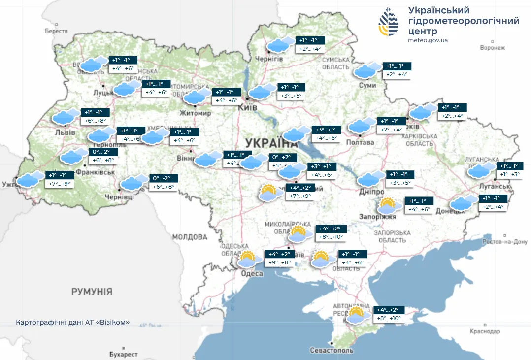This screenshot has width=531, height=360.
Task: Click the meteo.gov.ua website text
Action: (x=428, y=40)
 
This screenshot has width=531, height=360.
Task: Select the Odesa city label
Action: (x=252, y=274)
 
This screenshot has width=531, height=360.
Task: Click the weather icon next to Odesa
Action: (x=247, y=259)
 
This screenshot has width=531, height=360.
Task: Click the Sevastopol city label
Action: (x=332, y=350)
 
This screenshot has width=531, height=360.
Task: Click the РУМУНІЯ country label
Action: (x=92, y=292)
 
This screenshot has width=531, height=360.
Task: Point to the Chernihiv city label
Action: (x=269, y=59)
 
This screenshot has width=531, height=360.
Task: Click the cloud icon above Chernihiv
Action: (x=278, y=45)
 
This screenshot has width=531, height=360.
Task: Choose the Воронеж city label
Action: (x=493, y=48)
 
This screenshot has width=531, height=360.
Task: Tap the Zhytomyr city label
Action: (x=196, y=113)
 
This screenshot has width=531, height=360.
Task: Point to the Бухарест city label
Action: (x=123, y=354)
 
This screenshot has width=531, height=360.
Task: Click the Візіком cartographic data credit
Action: (x=73, y=323)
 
